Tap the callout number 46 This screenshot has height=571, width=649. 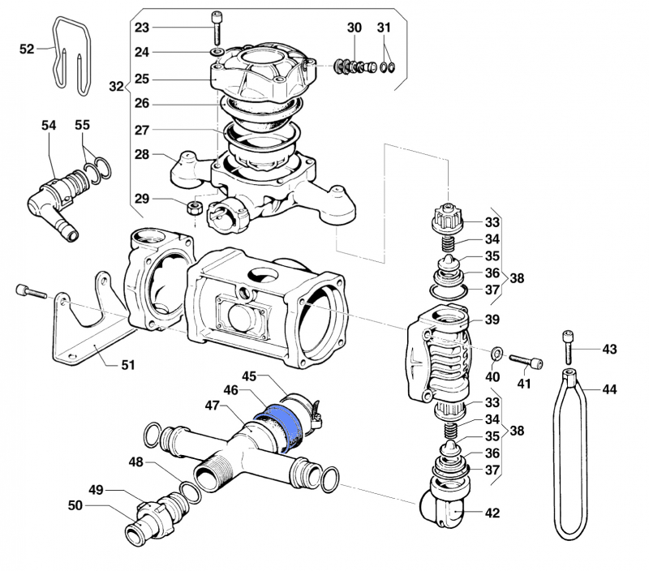231,391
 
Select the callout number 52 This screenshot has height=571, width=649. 27,49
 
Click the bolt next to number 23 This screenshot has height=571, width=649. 217,28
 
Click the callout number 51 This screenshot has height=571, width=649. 127,364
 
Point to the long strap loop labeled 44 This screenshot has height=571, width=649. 571,454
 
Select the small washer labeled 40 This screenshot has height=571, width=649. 496,353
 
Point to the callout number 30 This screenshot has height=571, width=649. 355,28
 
